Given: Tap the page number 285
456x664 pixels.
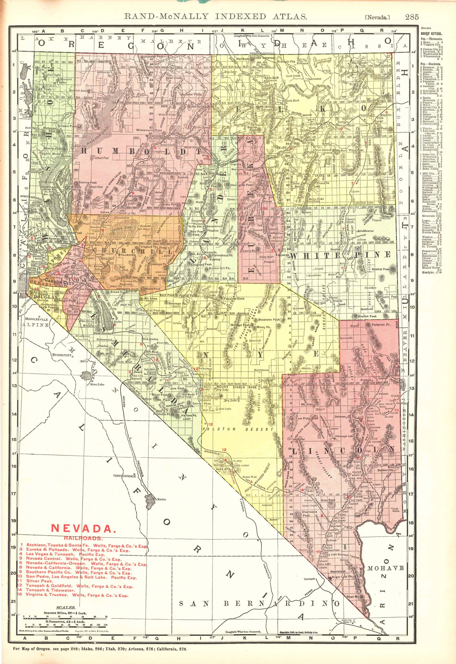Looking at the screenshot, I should point(412,17).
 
